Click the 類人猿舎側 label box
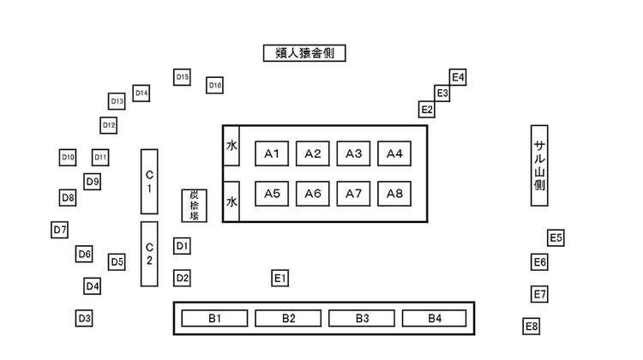[x=304, y=53]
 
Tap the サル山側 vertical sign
[x=540, y=165]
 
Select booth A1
[x=273, y=153]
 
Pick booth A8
[x=394, y=194]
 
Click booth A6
[x=313, y=194]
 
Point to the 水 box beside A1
[x=231, y=147]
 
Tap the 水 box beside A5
[x=231, y=201]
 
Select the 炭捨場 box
[x=195, y=206]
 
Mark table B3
[x=362, y=319]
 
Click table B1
[x=214, y=319]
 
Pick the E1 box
[x=280, y=278]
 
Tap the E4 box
[x=458, y=77]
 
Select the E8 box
[x=532, y=326]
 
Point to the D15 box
[x=182, y=77]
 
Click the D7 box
[x=59, y=230]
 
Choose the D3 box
[x=84, y=318]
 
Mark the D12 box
[x=108, y=125]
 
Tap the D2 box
[x=182, y=278]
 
